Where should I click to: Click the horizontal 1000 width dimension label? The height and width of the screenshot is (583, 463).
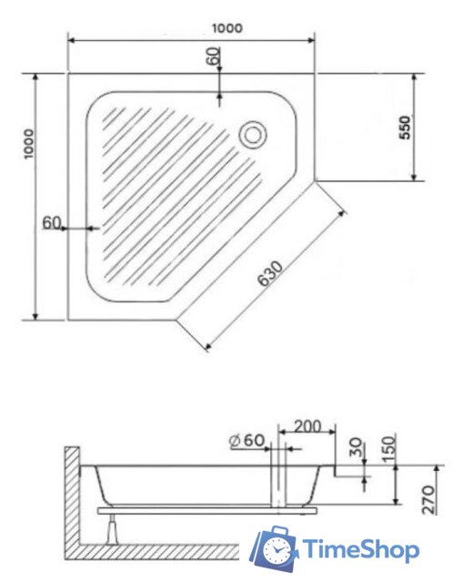(x=228, y=28)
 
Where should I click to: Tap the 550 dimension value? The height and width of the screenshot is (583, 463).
(x=405, y=128)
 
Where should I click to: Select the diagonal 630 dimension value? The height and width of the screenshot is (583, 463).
(x=271, y=275)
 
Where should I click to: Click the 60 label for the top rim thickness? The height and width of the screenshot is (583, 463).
(x=213, y=56)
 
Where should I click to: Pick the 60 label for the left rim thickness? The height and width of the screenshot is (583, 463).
(x=51, y=222)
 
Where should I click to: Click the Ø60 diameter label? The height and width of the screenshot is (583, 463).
(x=247, y=441)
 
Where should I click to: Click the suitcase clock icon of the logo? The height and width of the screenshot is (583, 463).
(x=275, y=549)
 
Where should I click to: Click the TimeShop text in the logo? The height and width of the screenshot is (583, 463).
(x=361, y=549)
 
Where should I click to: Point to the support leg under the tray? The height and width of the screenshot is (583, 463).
(x=114, y=527)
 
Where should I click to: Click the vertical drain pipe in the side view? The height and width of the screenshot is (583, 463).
(x=279, y=483)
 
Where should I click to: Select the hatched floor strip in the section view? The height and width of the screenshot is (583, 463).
(x=155, y=552)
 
